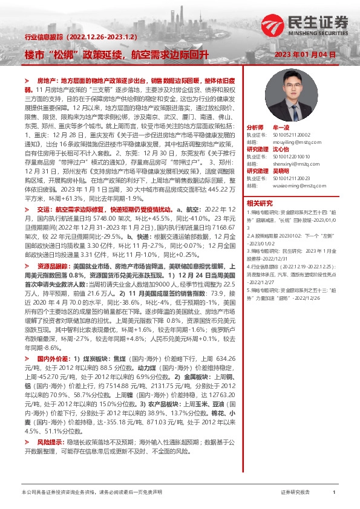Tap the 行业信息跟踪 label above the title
(x=42, y=37)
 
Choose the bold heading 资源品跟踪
(x=51, y=248)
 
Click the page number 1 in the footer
(x=333, y=493)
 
